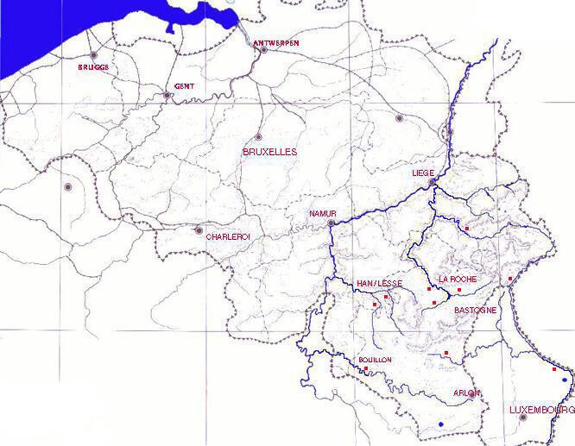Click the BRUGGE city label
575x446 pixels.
[x=94, y=66]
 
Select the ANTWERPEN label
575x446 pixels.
[x=276, y=42]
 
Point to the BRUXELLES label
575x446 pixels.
[x=269, y=151]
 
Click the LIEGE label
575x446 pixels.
[x=423, y=173]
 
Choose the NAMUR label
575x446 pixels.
[x=321, y=213]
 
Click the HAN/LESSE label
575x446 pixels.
[x=377, y=283]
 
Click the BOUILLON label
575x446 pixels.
[x=375, y=359]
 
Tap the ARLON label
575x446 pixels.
[x=466, y=393]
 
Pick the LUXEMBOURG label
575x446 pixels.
[x=541, y=409]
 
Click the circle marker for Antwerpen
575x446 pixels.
[x=263, y=49]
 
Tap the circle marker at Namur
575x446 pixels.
[x=331, y=223]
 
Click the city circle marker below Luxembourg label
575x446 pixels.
[x=523, y=418]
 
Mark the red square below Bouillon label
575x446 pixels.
[x=366, y=369]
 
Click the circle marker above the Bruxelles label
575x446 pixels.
[x=258, y=136]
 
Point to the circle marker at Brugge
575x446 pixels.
[x=93, y=55]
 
